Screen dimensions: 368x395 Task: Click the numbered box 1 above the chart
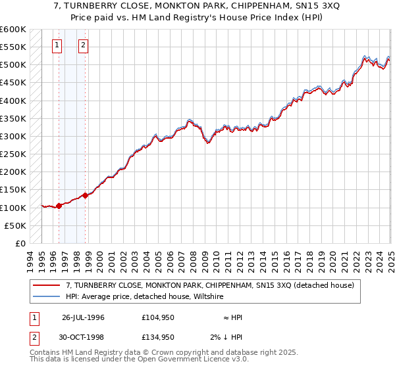[57, 45]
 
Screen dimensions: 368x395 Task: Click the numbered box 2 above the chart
[84, 45]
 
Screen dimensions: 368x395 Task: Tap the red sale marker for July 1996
[59, 206]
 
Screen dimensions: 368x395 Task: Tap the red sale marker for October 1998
[85, 195]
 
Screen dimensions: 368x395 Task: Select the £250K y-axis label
[13, 154]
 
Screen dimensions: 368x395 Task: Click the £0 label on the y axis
[19, 243]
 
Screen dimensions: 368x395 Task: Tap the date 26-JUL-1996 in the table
[83, 317]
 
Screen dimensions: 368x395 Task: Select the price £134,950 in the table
[158, 337]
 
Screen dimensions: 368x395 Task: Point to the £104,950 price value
[158, 317]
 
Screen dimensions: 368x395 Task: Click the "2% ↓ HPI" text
[230, 337]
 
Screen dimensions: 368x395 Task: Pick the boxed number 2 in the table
[33, 337]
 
